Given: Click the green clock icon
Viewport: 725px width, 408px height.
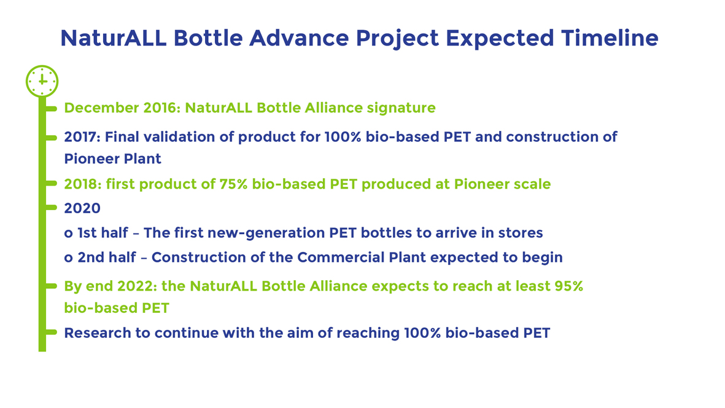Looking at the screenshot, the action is pyautogui.click(x=42, y=81).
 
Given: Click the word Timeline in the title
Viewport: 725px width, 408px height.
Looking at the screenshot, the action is pyautogui.click(x=610, y=38).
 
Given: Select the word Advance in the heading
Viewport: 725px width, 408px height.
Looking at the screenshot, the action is pyautogui.click(x=299, y=38).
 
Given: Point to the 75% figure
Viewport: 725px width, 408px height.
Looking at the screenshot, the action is pyautogui.click(x=233, y=184).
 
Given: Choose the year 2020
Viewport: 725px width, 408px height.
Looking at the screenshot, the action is pyautogui.click(x=82, y=208).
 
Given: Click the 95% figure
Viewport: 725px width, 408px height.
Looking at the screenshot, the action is pyautogui.click(x=568, y=286).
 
